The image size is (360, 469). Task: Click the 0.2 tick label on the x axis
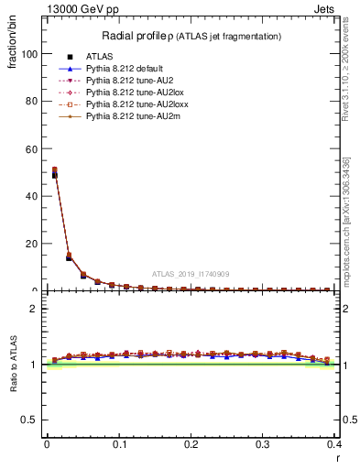191,444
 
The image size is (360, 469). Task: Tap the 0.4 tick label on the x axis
333,444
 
